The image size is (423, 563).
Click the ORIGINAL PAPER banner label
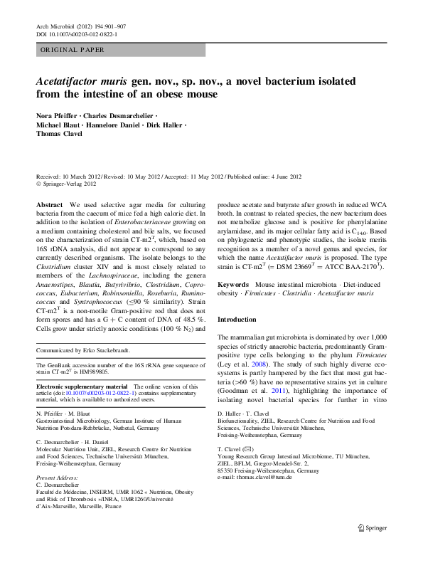click(73, 50)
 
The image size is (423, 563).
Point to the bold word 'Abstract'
click(48, 204)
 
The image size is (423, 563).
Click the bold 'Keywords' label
click(233, 284)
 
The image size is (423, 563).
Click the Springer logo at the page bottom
click(372, 549)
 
